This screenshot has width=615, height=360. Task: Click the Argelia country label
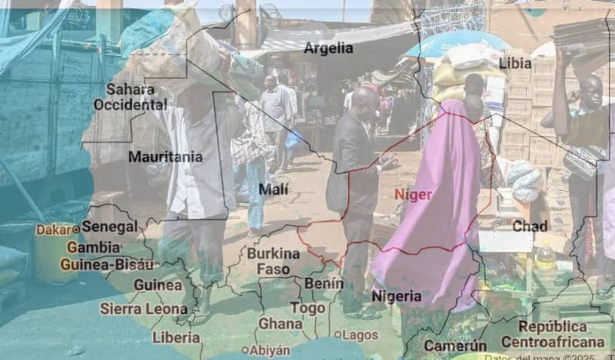[328, 48]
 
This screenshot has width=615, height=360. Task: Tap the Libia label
[515, 63]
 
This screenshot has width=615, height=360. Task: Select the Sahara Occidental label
[129, 96]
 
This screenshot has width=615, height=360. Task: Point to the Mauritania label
[165, 157]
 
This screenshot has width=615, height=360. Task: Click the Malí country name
[274, 189]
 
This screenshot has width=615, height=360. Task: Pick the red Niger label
[413, 195]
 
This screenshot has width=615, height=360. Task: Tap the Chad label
[530, 226]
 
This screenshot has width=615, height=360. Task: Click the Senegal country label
[110, 227]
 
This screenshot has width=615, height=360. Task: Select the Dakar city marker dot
[76, 229]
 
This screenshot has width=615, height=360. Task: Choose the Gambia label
[93, 248]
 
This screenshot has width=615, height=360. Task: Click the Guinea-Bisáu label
[106, 264]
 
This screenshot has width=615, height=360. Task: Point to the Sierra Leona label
[143, 308]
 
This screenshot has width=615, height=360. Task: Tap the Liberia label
[176, 337]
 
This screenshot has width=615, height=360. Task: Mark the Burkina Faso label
[273, 261]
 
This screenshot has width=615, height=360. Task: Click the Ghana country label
[280, 324]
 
